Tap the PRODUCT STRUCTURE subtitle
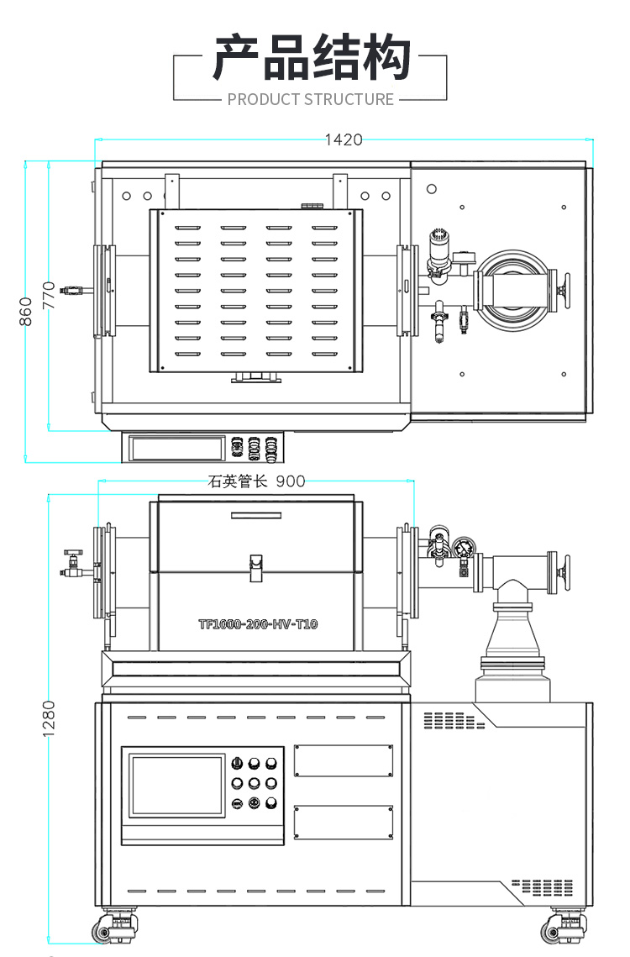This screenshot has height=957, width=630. coord(311,99)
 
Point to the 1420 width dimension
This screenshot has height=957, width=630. coord(344,139)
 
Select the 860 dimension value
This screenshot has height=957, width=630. coord(26,312)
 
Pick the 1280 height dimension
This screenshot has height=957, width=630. coord(48,718)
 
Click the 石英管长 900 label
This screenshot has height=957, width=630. coord(256,481)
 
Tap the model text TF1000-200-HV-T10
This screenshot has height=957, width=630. coord(258,624)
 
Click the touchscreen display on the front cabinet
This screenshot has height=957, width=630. coord(177,786)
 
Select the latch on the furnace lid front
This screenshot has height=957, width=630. coord(256,567)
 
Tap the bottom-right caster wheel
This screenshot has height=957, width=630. coord(556,929)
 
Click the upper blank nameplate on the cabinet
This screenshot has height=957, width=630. coord(344,760)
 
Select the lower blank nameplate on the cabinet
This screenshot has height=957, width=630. coord(344,822)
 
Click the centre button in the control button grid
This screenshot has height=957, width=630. coord(254,783)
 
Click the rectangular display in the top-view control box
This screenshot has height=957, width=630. coord(177,447)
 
